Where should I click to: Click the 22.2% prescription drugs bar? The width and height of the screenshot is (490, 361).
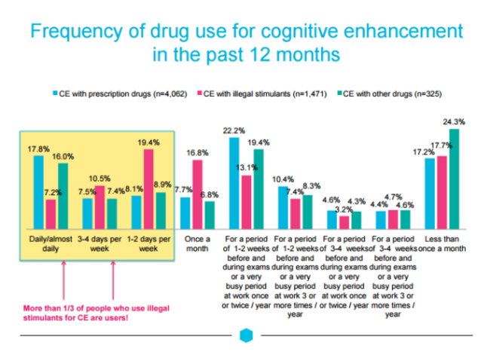[x=234, y=182]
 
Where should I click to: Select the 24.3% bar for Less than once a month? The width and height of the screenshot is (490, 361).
[x=454, y=179]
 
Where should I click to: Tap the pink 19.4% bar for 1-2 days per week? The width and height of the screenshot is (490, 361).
[x=149, y=188]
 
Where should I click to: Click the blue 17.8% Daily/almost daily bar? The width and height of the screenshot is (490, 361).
[x=38, y=191]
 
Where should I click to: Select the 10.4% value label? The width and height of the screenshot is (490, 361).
[x=283, y=179]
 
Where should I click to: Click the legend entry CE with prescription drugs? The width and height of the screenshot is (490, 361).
[x=110, y=95]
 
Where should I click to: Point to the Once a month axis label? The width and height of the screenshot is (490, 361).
[x=197, y=243]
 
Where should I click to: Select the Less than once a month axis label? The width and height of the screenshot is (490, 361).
[x=442, y=243]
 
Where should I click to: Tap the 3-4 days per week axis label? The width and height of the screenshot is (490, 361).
[x=100, y=243]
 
